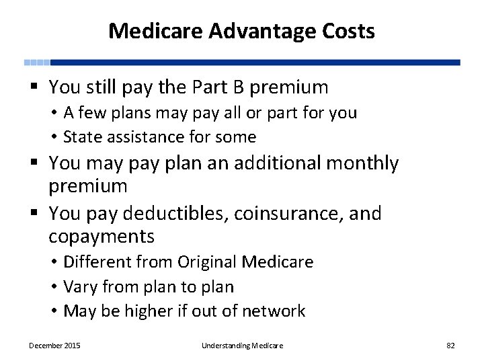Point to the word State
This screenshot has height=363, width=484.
pos(81,137)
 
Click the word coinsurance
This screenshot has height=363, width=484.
pos(287,214)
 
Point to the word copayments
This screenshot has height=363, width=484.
pos(102,237)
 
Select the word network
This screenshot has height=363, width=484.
pos(276,311)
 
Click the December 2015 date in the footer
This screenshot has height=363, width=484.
pos(54,346)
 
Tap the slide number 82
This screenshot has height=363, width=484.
pos(450,346)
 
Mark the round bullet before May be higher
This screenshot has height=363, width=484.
pos(53,312)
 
